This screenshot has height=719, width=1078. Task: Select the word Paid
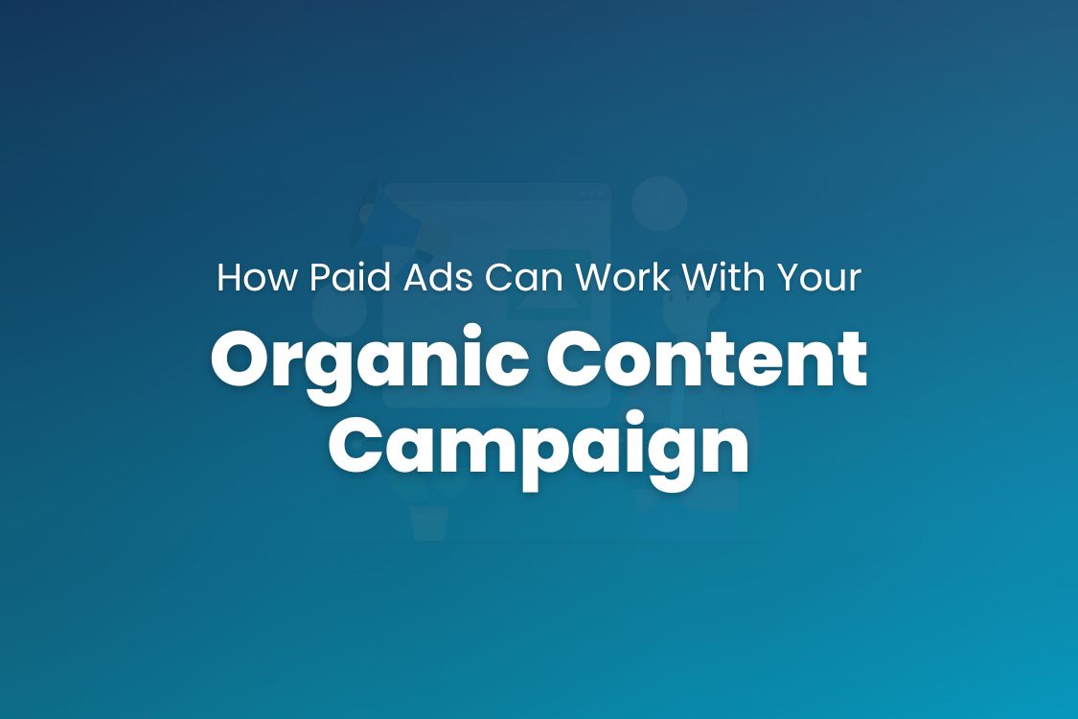340,278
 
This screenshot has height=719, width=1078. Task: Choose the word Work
628,278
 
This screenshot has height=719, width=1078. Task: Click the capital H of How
229,278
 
